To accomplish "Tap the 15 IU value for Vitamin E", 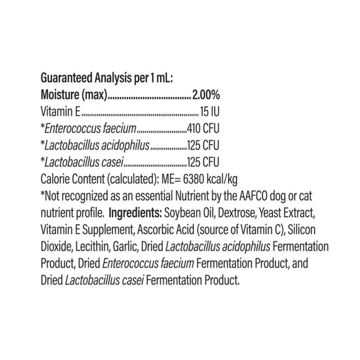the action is pyautogui.click(x=209, y=113).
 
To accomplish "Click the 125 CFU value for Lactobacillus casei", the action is pyautogui.click(x=204, y=163).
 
